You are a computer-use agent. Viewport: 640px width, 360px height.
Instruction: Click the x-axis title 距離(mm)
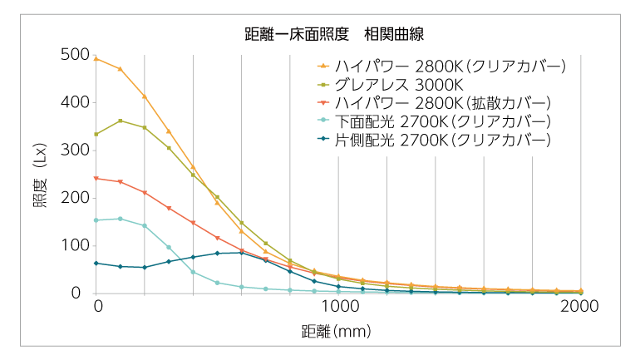(x=336, y=331)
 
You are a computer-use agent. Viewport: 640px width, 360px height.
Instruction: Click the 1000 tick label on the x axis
(x=338, y=306)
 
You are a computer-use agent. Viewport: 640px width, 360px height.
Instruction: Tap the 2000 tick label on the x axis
(x=580, y=306)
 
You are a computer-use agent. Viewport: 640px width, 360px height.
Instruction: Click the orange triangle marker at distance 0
(x=96, y=59)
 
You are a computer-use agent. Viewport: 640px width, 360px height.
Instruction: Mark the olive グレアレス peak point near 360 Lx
(x=121, y=121)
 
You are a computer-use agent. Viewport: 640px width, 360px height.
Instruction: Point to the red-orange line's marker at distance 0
(x=96, y=178)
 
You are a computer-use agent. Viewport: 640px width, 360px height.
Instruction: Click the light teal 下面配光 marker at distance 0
(x=96, y=220)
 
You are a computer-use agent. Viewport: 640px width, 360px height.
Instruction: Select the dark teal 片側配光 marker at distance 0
(x=96, y=263)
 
